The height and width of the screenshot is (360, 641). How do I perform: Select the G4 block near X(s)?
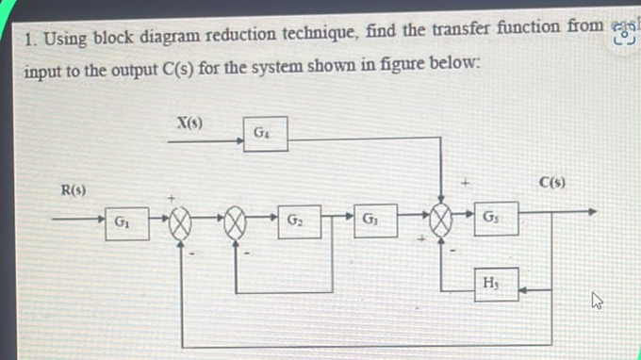click(x=264, y=134)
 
